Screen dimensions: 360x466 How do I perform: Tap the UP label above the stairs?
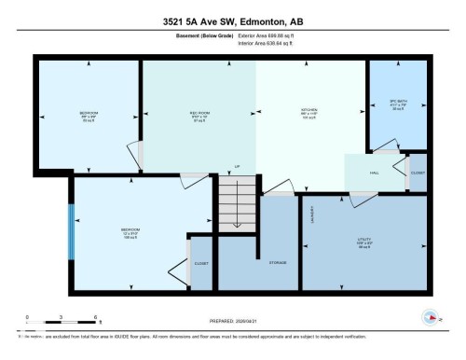238,167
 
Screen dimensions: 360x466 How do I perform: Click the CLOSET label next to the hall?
418,173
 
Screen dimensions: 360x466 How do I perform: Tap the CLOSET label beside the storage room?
201,264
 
